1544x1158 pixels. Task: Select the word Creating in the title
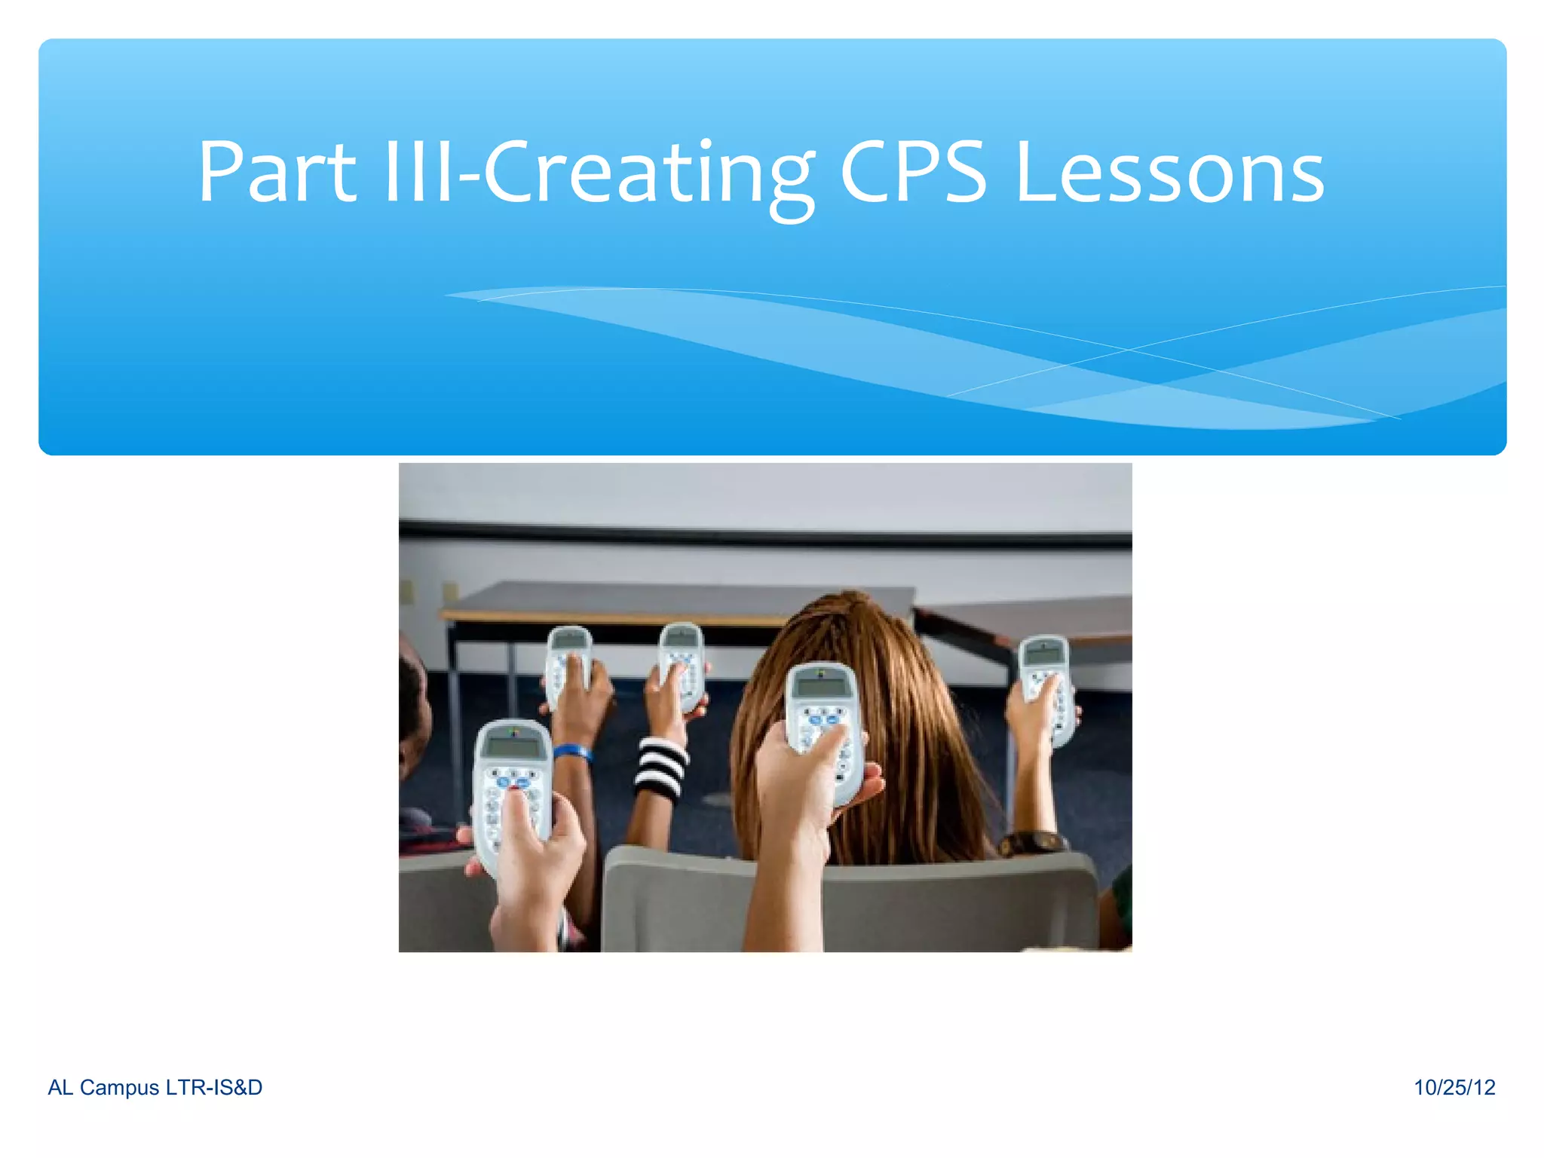point(648,175)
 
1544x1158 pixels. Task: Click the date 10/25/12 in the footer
point(1454,1087)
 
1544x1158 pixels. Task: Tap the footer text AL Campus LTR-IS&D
point(155,1087)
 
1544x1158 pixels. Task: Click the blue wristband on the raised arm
point(572,752)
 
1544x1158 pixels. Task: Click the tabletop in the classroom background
point(679,599)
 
